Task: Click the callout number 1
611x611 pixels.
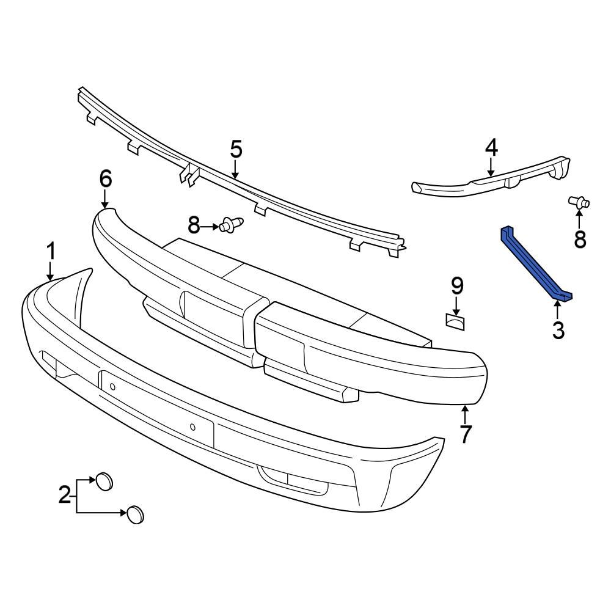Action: pyautogui.click(x=52, y=251)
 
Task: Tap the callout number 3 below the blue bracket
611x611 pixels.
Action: pyautogui.click(x=558, y=330)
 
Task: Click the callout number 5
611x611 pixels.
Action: pyautogui.click(x=236, y=148)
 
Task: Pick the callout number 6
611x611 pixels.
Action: pyautogui.click(x=105, y=178)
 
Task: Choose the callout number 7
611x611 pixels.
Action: pyautogui.click(x=466, y=434)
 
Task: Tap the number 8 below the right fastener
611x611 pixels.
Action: pyautogui.click(x=579, y=240)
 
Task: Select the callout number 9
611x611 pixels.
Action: pyautogui.click(x=457, y=285)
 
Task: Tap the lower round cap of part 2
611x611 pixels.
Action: pyautogui.click(x=135, y=515)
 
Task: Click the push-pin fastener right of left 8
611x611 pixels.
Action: pyautogui.click(x=232, y=226)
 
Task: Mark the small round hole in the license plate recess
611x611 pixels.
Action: pyautogui.click(x=192, y=427)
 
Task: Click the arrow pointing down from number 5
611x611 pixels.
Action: pyautogui.click(x=236, y=169)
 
